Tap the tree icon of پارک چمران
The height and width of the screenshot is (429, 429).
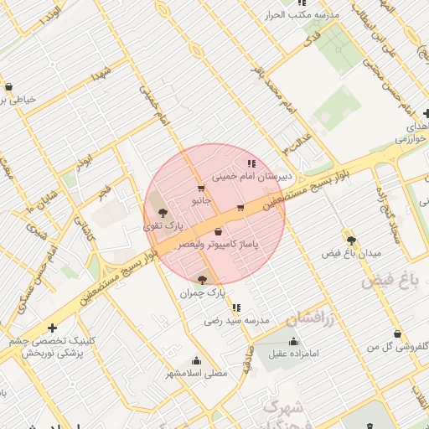[201, 278]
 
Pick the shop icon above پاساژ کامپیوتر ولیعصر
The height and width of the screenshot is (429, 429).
[219, 231]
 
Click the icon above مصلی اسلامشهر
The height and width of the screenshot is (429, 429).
[197, 360]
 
